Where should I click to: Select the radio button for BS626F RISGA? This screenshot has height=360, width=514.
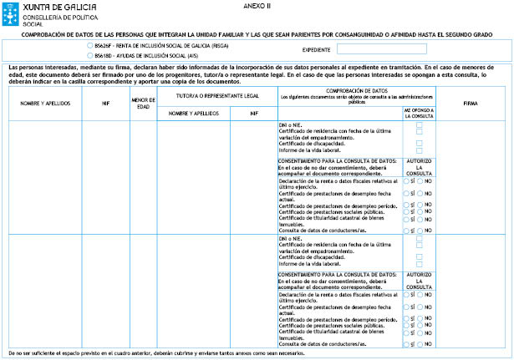click(89, 45)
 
